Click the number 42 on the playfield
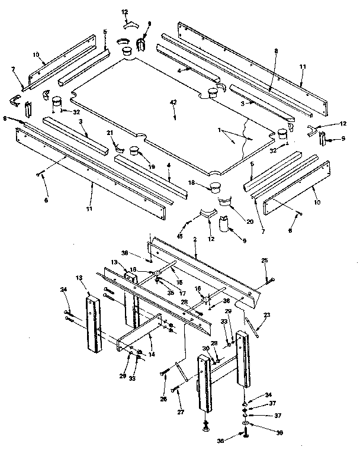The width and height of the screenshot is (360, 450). point(173,102)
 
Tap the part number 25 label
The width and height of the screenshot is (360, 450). point(265,261)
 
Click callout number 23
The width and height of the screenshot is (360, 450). point(266,315)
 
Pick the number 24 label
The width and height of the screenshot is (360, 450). point(65,290)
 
